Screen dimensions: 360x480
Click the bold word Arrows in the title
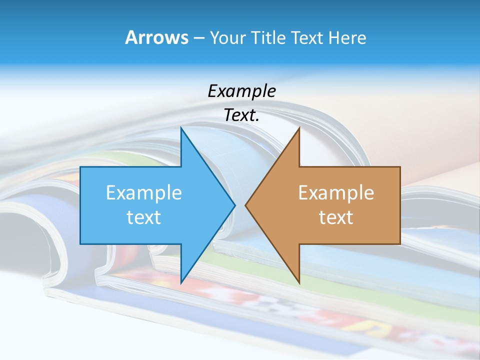tap(156, 37)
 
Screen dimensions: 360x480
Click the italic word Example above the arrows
tap(241, 91)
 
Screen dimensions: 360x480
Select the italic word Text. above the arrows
tap(241, 115)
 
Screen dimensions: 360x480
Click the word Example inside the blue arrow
tap(144, 192)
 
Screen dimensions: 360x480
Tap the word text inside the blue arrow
tap(144, 217)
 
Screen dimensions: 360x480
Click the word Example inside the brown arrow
tap(336, 192)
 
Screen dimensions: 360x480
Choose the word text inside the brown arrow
tap(336, 217)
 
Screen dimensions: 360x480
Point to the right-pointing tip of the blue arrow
tap(234, 205)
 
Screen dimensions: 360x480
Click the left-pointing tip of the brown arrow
tap(246, 205)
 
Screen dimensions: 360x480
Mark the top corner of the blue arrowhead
tap(181, 128)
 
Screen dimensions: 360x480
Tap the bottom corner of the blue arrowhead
tap(181, 282)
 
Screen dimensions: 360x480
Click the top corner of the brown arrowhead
tap(299, 128)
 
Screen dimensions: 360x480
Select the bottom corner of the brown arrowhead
tap(299, 282)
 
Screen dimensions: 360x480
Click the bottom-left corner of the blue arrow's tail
tap(80, 244)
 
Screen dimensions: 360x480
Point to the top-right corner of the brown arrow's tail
tap(400, 167)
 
